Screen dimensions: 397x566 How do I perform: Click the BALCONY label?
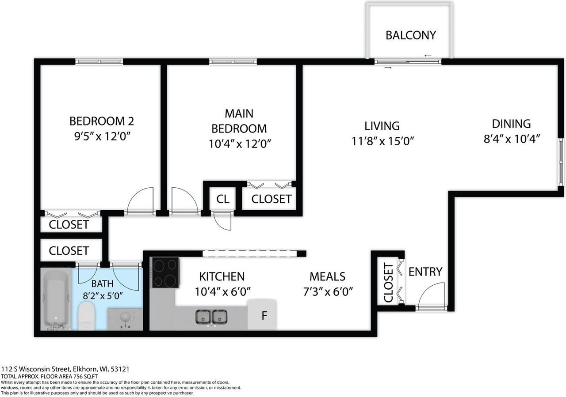pyautogui.click(x=411, y=35)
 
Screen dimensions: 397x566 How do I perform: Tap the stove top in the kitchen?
pyautogui.click(x=165, y=272)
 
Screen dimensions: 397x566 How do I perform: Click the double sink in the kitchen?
pyautogui.click(x=211, y=317)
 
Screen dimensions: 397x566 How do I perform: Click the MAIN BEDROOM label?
pyautogui.click(x=239, y=121)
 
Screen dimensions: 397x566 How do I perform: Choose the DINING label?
pyautogui.click(x=511, y=124)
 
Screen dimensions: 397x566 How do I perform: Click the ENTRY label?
pyautogui.click(x=425, y=272)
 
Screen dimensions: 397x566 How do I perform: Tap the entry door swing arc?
pyautogui.click(x=431, y=292)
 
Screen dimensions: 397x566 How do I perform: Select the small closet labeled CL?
pyautogui.click(x=223, y=199)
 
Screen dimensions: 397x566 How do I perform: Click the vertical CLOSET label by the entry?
pyautogui.click(x=388, y=283)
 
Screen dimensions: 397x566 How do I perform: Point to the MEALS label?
pyautogui.click(x=327, y=276)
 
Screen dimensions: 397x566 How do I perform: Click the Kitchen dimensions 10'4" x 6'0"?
pyautogui.click(x=223, y=291)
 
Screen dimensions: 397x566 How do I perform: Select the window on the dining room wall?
pyautogui.click(x=560, y=162)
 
